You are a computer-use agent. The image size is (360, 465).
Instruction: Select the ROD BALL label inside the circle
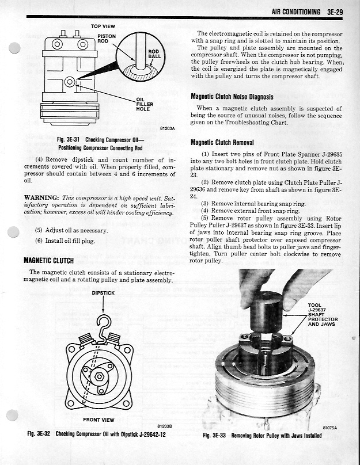coord(154,54)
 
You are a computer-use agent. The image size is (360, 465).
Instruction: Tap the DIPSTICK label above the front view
coord(103,293)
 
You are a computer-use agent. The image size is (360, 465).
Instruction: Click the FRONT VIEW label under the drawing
coord(98,420)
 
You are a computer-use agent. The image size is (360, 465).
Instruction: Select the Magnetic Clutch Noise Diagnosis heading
coord(232,97)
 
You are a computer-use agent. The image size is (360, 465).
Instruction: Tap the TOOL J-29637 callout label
coord(323,309)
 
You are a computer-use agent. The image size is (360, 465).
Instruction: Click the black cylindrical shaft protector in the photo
coord(267,311)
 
